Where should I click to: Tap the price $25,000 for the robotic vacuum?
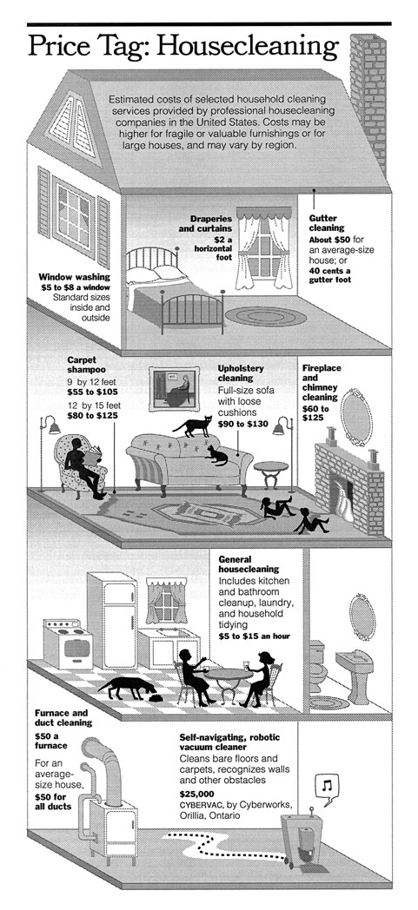tap(197, 794)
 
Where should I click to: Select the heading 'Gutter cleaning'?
tap(327, 223)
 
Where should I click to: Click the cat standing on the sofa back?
tap(192, 426)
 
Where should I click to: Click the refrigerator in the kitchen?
tap(112, 619)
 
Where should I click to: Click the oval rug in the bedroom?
tap(265, 316)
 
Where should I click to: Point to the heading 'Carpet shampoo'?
tap(87, 365)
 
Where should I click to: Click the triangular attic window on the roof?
tap(74, 125)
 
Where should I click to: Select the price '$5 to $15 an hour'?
tap(255, 636)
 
